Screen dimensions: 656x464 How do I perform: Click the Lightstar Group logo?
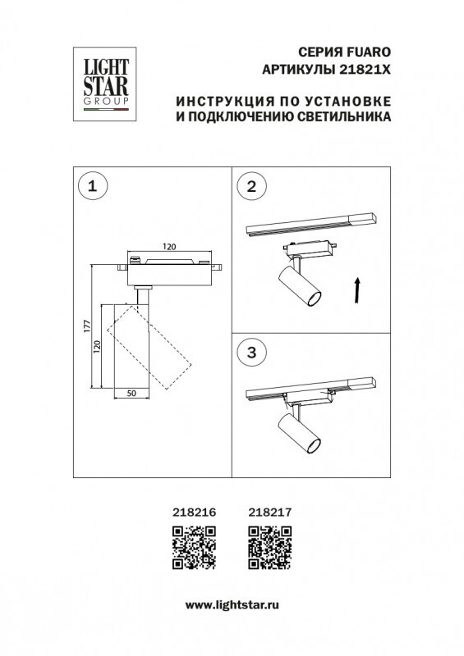coord(103,80)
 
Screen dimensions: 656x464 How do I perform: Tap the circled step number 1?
coord(92,186)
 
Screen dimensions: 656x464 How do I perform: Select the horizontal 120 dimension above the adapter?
coord(169,245)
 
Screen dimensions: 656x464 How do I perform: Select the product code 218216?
coord(194,512)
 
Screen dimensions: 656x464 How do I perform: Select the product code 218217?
coord(269,512)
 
